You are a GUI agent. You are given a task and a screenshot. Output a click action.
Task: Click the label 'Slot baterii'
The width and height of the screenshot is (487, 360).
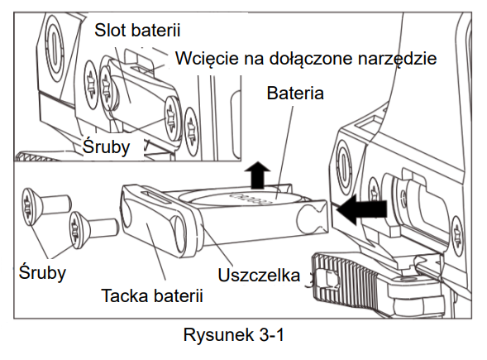pos(137,31)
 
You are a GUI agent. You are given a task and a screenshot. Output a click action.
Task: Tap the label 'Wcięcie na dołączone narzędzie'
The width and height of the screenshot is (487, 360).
pos(306,58)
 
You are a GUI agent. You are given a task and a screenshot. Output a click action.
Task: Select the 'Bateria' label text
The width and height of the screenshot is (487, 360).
pos(295,93)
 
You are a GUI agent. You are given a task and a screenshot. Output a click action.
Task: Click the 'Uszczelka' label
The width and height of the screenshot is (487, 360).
pos(259,275)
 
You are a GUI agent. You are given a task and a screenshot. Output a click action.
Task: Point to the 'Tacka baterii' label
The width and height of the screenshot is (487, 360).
pos(152,295)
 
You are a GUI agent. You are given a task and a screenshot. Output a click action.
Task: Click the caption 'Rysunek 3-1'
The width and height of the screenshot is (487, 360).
pos(233,335)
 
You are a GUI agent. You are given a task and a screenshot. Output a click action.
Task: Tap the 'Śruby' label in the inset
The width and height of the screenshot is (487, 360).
pos(106,146)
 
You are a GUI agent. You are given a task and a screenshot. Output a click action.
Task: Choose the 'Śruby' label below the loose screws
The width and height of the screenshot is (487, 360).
pos(42,272)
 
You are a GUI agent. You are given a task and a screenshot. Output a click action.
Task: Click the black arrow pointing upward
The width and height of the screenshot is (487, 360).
pos(257,175)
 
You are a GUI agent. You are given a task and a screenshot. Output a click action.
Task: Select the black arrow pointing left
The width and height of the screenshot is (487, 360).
pos(362,209)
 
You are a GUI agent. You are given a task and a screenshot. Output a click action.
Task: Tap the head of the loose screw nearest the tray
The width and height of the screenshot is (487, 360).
pos(76,230)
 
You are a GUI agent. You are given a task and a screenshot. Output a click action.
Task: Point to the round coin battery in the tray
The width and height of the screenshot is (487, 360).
pos(246,198)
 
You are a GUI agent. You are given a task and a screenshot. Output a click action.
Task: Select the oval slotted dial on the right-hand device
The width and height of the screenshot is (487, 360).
pos(343,167)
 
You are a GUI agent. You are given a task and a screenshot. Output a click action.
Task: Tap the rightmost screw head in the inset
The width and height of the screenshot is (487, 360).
pos(191,132)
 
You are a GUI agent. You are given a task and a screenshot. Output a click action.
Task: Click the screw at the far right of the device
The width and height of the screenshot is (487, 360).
pos(456,236)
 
